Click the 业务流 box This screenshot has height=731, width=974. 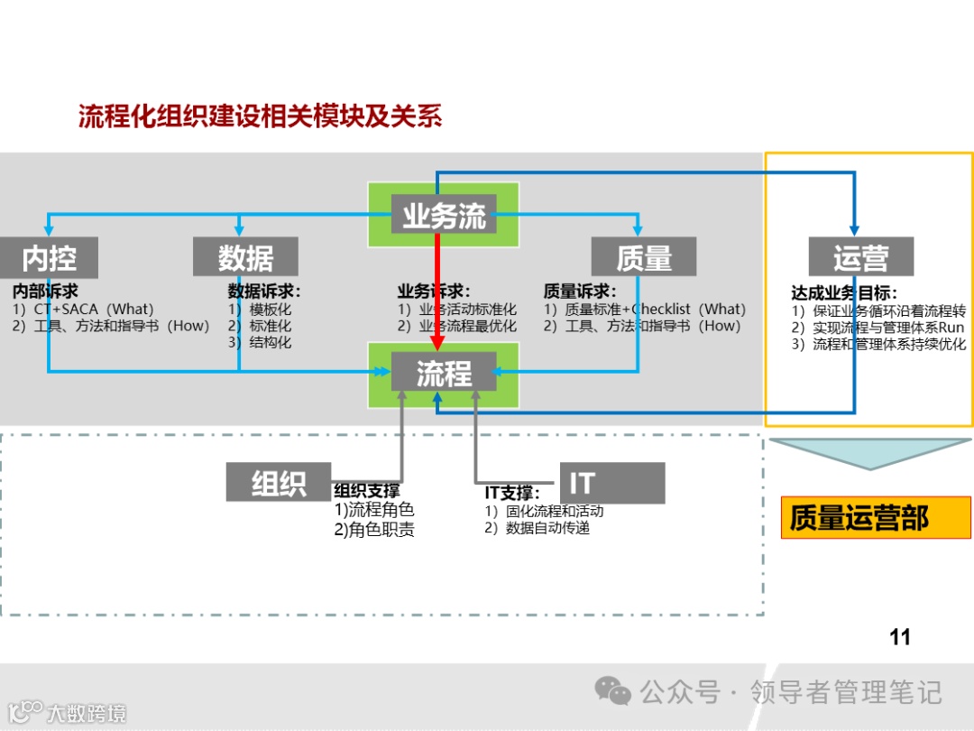tap(443, 216)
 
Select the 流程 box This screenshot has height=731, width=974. tap(443, 373)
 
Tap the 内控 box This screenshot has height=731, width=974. tap(49, 258)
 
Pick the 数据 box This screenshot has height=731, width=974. tap(245, 258)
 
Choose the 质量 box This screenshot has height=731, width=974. tap(644, 258)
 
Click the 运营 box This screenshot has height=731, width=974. tap(860, 258)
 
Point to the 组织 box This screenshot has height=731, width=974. tap(279, 483)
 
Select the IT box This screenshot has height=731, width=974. tap(611, 483)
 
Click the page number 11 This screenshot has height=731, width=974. tap(899, 637)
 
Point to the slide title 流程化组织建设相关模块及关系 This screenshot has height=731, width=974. tap(260, 117)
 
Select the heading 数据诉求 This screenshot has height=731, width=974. tap(263, 291)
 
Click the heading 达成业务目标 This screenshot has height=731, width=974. tap(844, 293)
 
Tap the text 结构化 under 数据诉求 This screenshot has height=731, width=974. tap(270, 342)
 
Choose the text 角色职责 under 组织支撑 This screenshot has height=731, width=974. tap(381, 530)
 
